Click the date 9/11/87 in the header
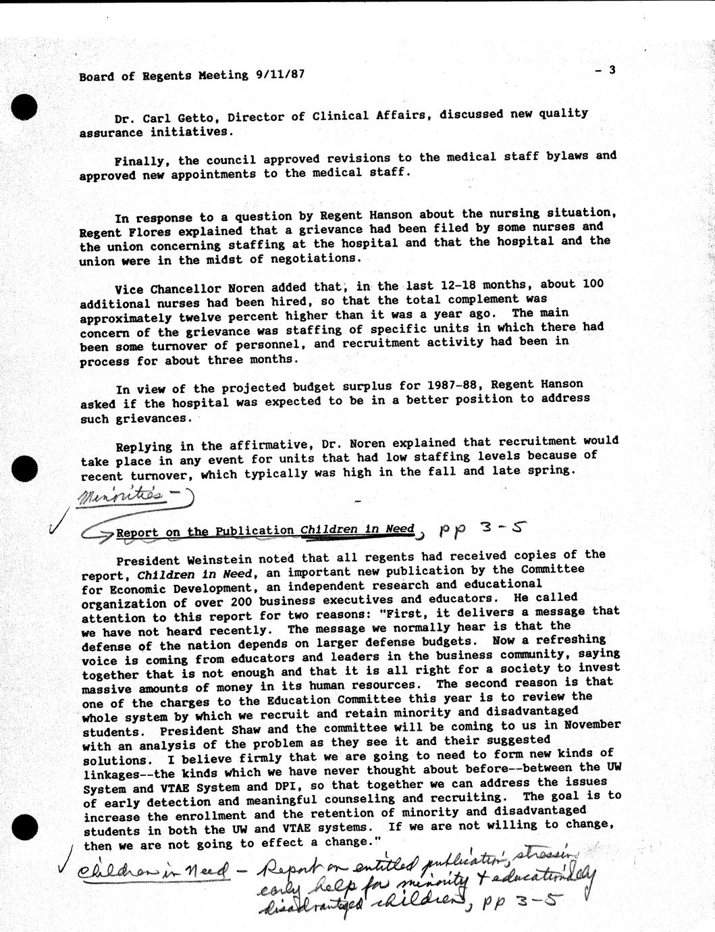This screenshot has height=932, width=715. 276,75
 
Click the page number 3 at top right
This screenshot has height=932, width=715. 611,69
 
